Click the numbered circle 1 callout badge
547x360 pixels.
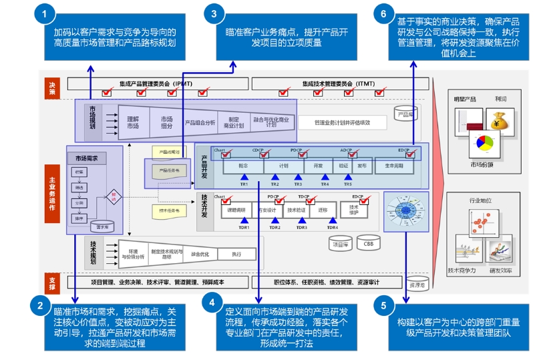(45, 13)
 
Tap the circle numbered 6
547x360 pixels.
(383, 13)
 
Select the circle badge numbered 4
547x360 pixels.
(212, 303)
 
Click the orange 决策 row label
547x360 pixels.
(52, 87)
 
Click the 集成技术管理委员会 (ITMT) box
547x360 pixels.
(337, 84)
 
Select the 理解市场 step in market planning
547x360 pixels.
(133, 123)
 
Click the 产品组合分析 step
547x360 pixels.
(200, 123)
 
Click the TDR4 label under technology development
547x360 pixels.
(332, 228)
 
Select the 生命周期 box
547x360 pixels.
(394, 165)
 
